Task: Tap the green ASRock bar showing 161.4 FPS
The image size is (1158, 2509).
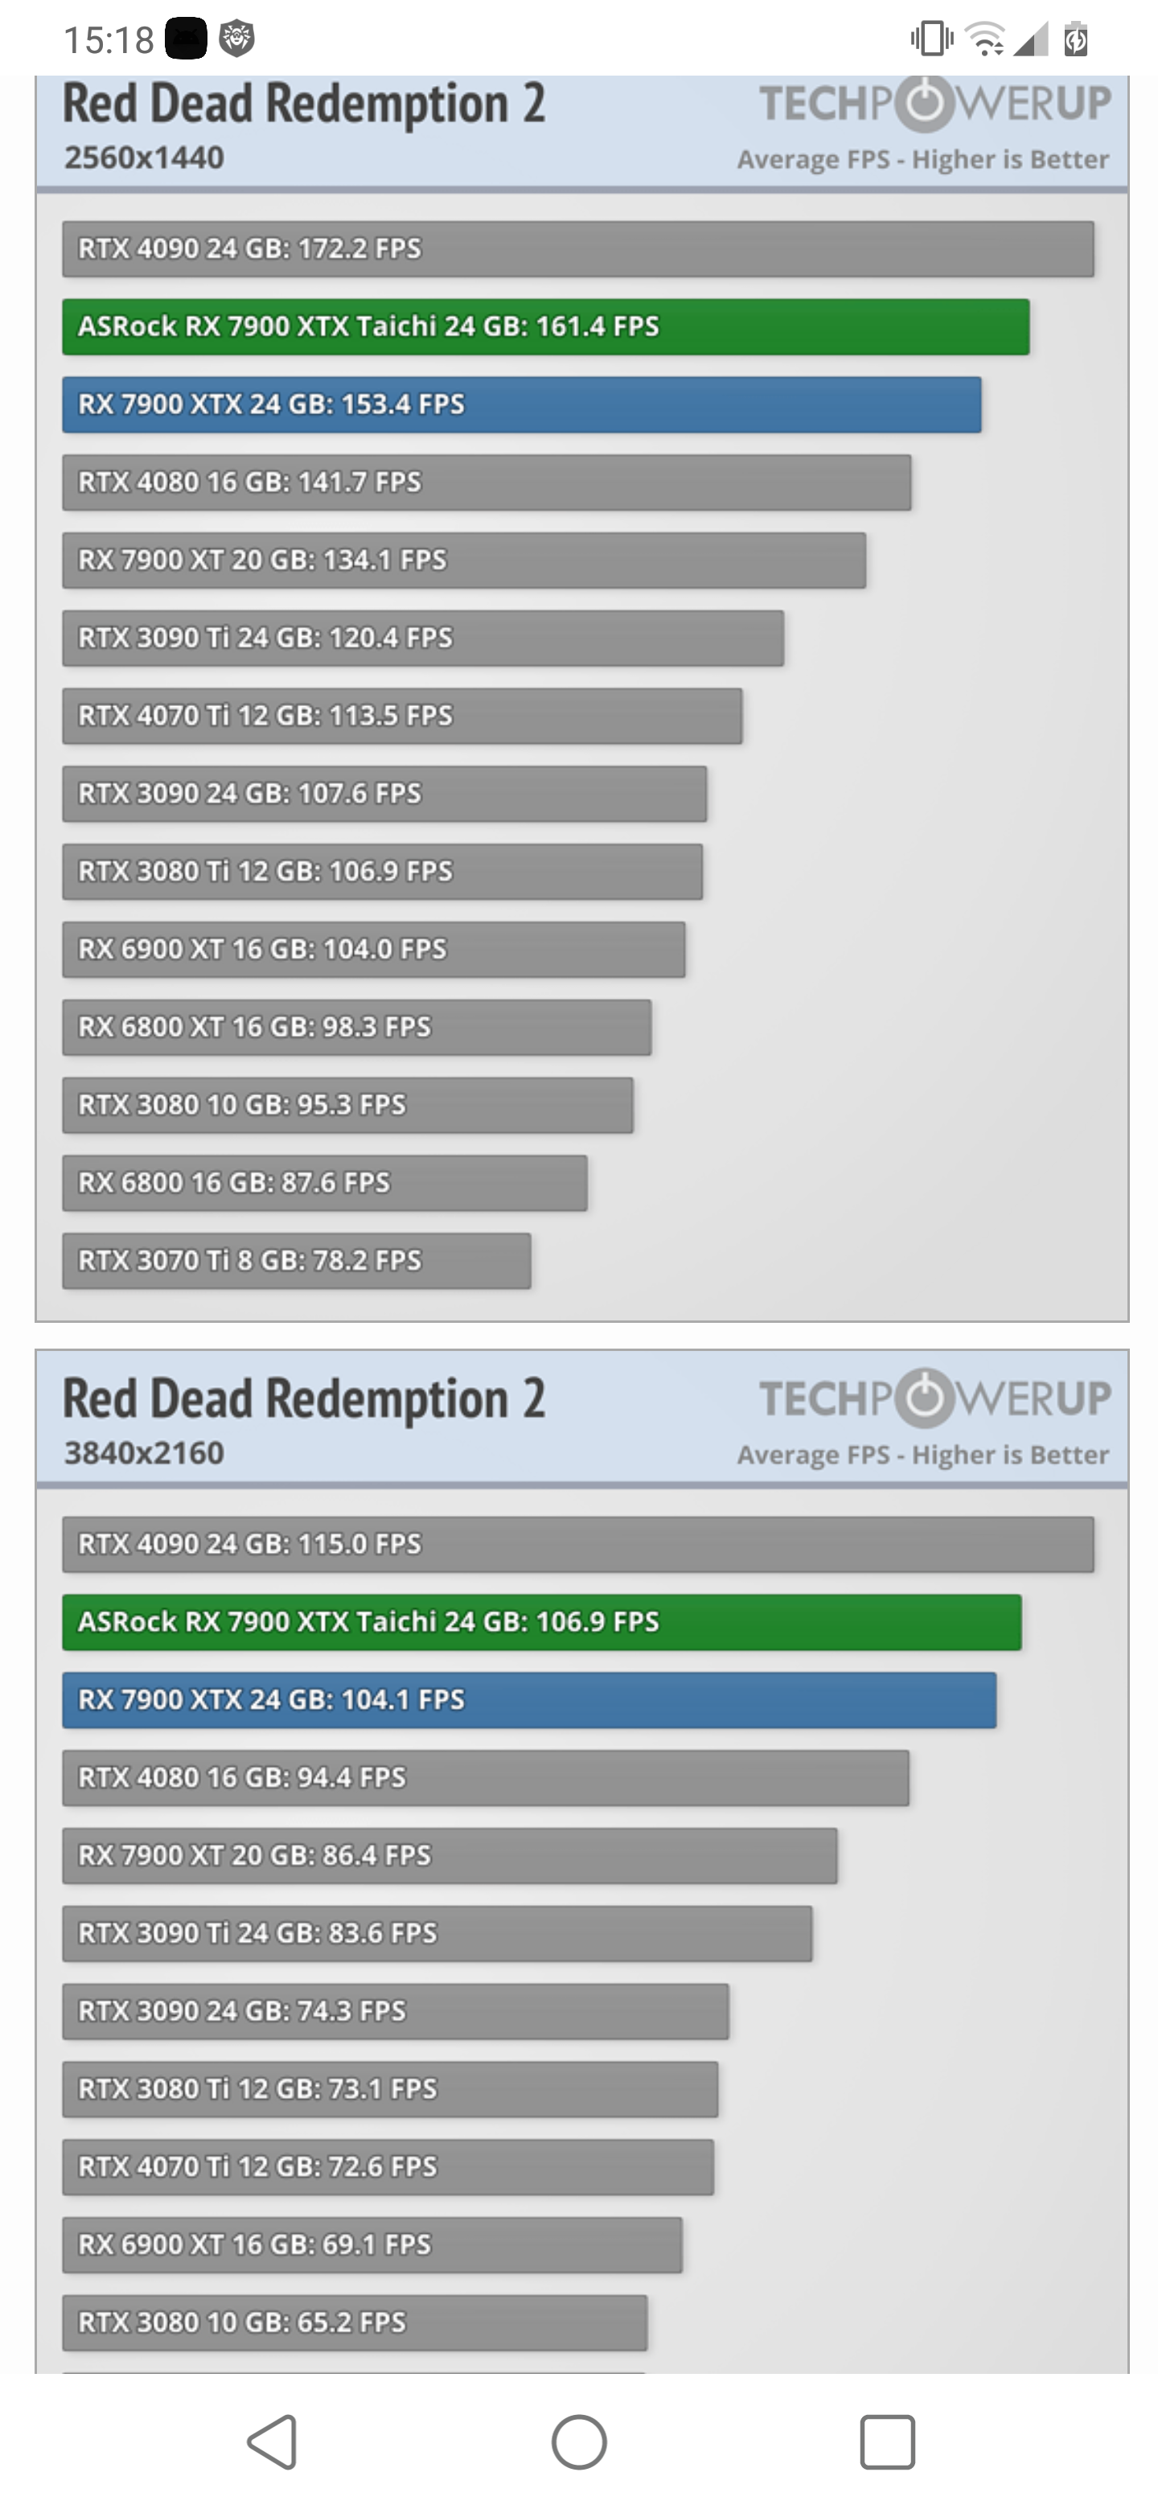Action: [545, 326]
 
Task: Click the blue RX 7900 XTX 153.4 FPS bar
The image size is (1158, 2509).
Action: [521, 404]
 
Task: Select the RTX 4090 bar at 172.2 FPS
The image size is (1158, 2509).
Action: [577, 248]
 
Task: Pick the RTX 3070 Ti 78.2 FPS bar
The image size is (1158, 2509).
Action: [296, 1260]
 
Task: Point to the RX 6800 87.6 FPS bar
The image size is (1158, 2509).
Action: [324, 1182]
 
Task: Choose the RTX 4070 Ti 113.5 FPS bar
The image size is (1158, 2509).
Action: [401, 716]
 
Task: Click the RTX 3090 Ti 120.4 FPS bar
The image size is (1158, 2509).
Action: [423, 638]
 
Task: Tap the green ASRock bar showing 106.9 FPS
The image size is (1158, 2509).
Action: [541, 1622]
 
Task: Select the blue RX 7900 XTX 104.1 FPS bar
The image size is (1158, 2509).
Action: [529, 1700]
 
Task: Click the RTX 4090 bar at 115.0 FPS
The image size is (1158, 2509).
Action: [577, 1544]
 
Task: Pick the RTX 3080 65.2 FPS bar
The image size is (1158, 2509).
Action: [355, 2322]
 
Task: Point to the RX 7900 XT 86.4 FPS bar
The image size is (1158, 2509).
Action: [449, 1855]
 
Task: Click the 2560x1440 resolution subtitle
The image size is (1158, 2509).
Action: [144, 158]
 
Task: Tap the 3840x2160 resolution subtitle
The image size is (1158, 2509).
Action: [144, 1452]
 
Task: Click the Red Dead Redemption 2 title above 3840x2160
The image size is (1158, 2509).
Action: [304, 1398]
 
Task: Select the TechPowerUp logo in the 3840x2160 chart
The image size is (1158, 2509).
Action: [934, 1398]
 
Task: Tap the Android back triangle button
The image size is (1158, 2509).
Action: [273, 2441]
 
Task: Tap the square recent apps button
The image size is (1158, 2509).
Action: [887, 2441]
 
